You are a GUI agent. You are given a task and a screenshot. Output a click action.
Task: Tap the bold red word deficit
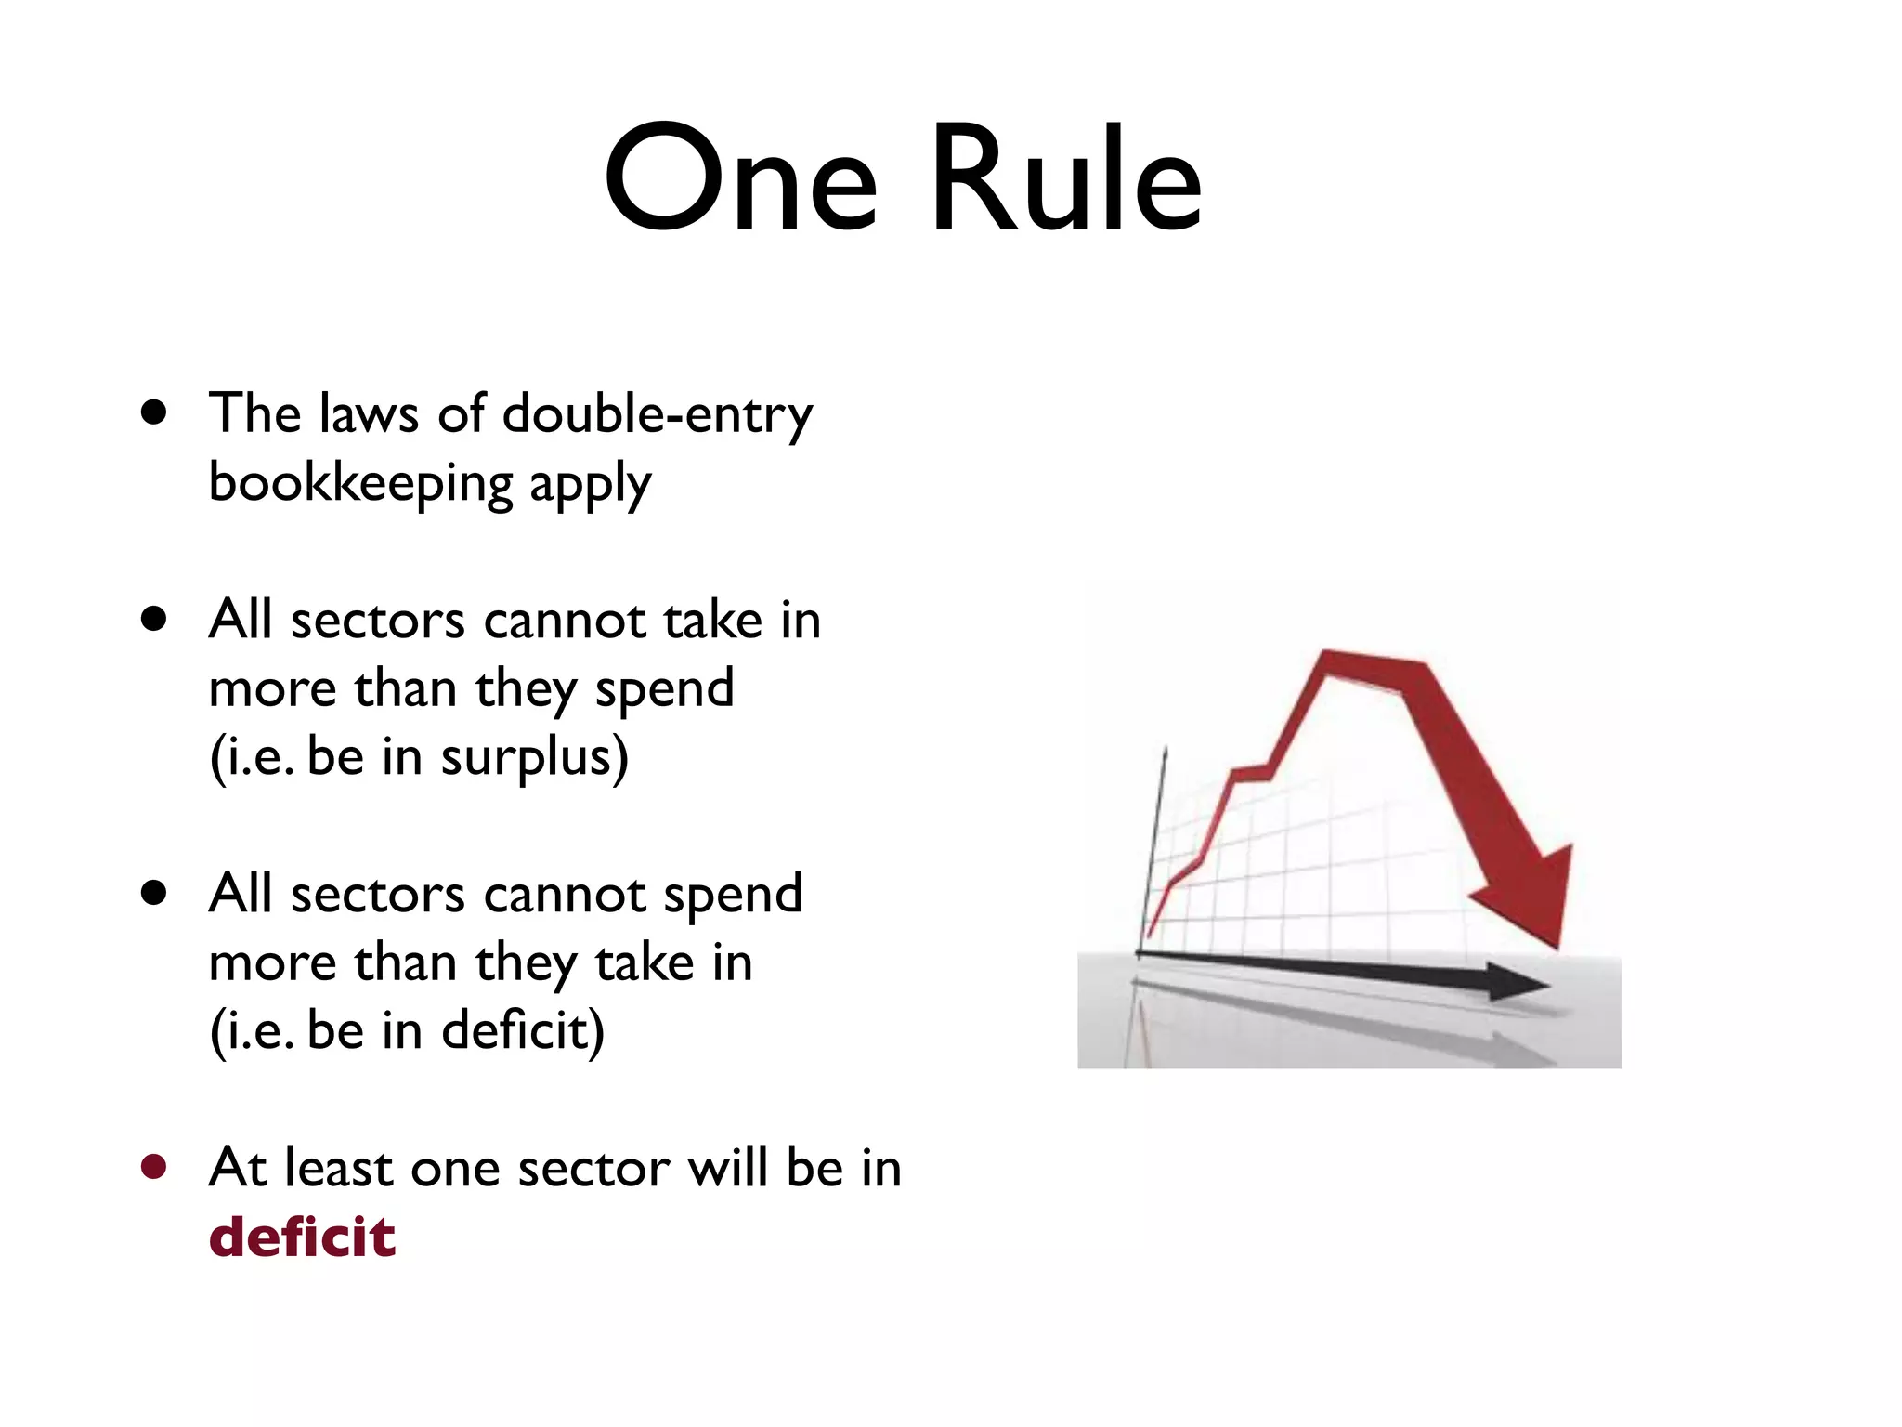pos(302,1237)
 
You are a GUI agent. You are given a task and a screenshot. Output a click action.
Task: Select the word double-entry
pos(657,415)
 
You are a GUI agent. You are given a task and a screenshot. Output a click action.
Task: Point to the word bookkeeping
pos(360,484)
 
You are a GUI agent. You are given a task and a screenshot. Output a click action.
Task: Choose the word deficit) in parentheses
pos(523,1031)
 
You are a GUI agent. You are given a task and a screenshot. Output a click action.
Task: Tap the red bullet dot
pos(154,1167)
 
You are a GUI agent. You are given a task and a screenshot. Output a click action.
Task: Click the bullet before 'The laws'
pos(154,412)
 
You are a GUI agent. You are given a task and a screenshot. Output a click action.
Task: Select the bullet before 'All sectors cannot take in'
pos(154,619)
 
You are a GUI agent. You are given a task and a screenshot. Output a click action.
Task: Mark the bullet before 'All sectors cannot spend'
pos(154,893)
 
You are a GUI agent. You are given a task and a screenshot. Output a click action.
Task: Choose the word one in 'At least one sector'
pos(455,1170)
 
